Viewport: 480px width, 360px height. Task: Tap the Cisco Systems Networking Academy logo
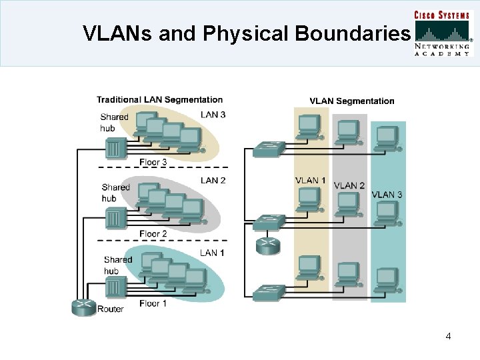443,34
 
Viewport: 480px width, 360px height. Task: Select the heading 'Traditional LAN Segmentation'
159,100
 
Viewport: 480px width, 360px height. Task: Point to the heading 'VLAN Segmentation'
351,101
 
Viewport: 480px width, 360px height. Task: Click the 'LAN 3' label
213,115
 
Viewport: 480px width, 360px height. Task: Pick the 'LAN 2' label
213,181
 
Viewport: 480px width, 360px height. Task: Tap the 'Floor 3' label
153,161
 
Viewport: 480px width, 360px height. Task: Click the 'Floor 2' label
153,233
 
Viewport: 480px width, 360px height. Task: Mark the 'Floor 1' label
153,303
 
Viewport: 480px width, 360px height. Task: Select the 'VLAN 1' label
311,181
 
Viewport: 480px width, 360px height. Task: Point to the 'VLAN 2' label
349,185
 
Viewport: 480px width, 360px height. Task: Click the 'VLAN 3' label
387,195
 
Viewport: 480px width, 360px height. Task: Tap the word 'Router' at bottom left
110,309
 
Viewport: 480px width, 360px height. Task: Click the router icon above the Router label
83,307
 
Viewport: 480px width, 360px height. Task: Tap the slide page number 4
448,336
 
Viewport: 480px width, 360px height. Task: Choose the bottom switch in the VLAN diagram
269,291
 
